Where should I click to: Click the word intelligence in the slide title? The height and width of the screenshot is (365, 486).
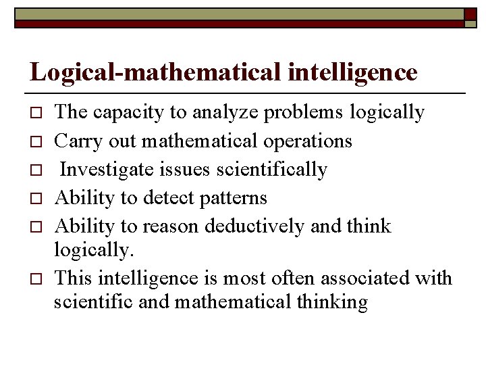click(352, 72)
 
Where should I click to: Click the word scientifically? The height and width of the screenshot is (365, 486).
click(272, 169)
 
